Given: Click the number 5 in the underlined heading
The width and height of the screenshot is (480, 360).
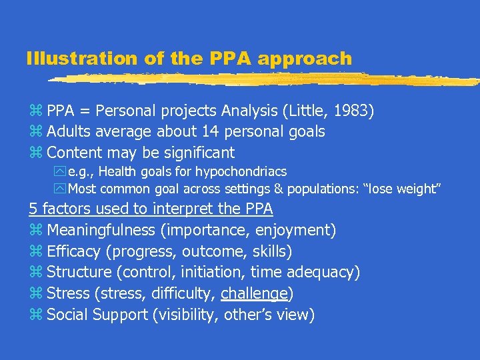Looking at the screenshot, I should pyautogui.click(x=33, y=209).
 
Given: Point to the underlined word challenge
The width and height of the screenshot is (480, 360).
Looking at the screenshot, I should pyautogui.click(x=254, y=293).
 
